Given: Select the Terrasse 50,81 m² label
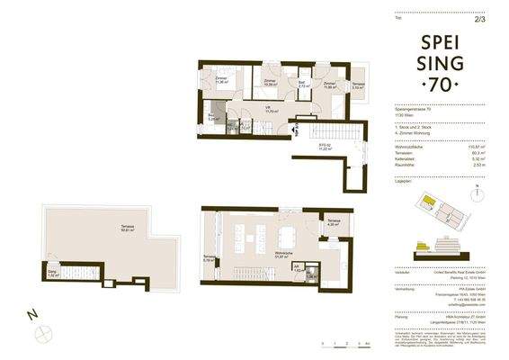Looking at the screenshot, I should coord(114,229).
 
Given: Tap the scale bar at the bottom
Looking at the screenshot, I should coord(339,340).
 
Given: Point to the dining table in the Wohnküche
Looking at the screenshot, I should coord(289,236).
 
